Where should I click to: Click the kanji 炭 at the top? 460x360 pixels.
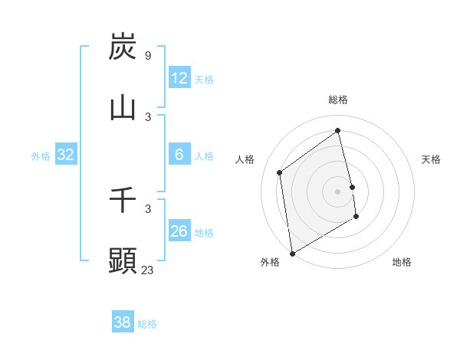point(123,47)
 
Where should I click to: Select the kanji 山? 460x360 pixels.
point(123,108)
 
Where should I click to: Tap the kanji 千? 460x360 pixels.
point(123,200)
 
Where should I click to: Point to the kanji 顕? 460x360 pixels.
point(123,260)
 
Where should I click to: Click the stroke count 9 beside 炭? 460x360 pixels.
point(147,56)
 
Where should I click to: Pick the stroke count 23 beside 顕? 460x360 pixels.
point(147,270)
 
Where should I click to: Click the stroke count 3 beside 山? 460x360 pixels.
point(147,116)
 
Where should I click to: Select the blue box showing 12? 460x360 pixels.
point(179,78)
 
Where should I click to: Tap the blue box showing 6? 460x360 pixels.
point(179,155)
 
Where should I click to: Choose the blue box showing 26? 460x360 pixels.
point(179,231)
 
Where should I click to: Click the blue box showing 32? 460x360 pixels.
point(66,155)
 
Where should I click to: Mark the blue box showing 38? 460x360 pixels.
point(123,322)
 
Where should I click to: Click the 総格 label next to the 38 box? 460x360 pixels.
point(148,324)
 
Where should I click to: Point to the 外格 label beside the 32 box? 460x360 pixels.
point(41,156)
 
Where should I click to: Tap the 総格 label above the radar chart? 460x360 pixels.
point(338,100)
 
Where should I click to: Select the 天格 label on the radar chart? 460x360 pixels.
point(432,159)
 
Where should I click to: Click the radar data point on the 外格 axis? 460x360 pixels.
point(292,253)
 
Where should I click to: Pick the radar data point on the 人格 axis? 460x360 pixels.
point(280,172)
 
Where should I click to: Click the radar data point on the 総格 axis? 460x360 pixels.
point(338,131)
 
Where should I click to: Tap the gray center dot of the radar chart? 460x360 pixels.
point(338,191)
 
